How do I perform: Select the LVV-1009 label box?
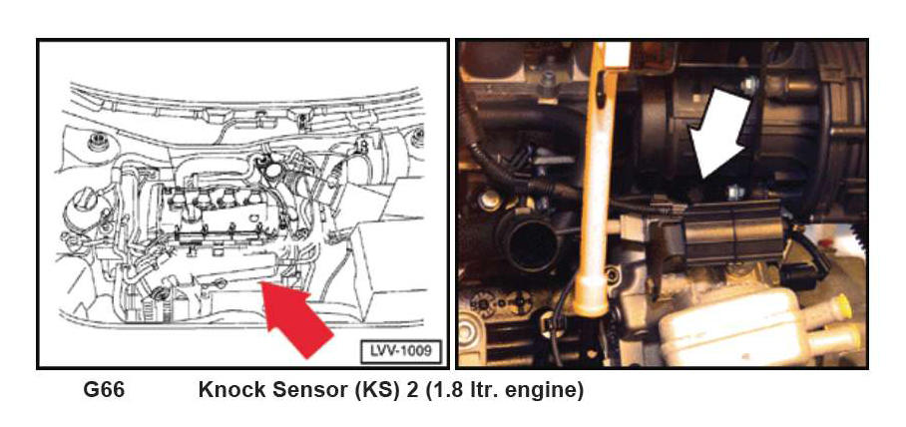tap(401, 351)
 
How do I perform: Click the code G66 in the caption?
tap(104, 390)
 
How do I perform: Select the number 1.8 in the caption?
tap(443, 390)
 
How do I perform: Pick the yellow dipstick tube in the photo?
tap(593, 191)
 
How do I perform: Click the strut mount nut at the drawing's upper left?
tap(97, 141)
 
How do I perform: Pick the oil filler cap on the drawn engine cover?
tap(271, 170)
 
